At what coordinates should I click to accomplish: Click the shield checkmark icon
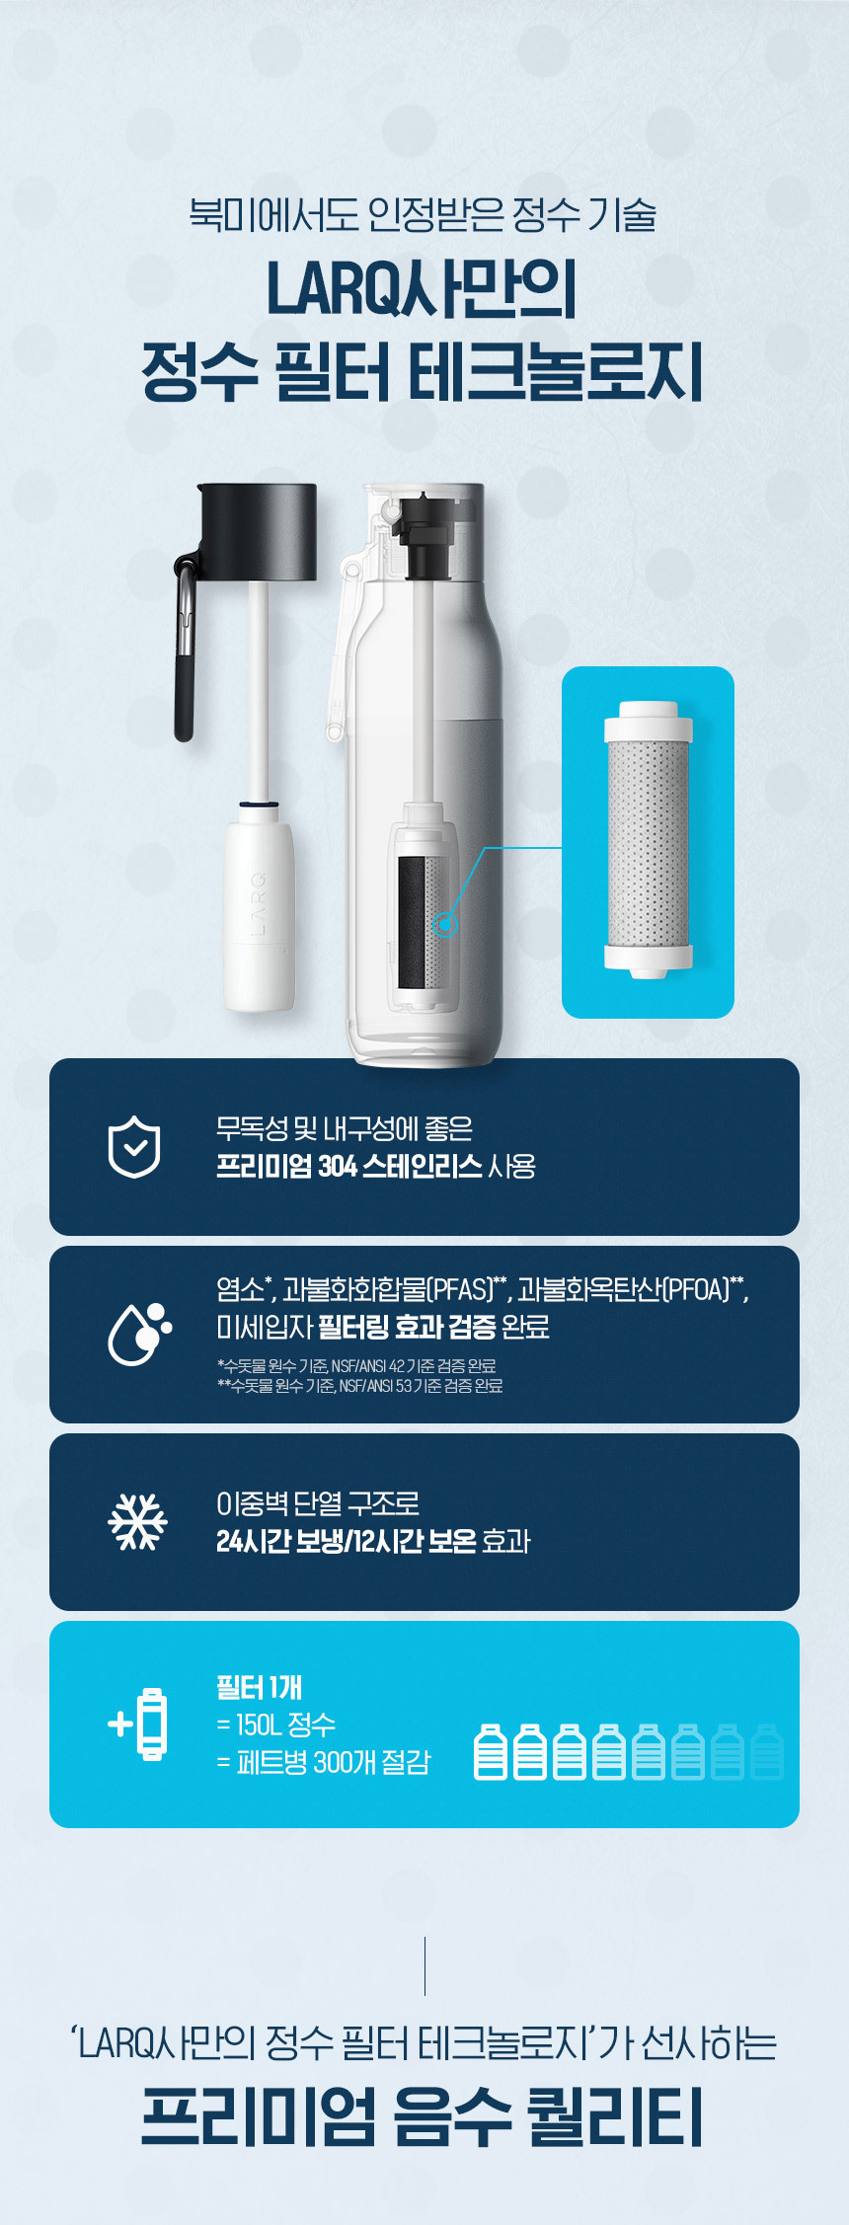(134, 1147)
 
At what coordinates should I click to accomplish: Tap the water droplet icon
(138, 1335)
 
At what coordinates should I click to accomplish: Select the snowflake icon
(137, 1521)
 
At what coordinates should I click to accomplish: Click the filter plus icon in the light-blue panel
(137, 1725)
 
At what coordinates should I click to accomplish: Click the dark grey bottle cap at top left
(259, 532)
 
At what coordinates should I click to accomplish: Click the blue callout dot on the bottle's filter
(446, 925)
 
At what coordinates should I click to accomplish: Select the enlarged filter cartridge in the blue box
(648, 839)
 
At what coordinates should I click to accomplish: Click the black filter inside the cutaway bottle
(412, 922)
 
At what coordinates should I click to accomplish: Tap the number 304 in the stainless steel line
(338, 1167)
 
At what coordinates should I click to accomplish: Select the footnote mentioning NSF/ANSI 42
(356, 1366)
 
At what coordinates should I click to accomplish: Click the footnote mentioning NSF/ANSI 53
(359, 1386)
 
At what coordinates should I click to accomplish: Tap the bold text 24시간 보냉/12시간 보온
(347, 1541)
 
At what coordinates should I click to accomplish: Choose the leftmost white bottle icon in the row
(491, 1752)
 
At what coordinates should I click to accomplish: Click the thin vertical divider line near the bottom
(424, 1966)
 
